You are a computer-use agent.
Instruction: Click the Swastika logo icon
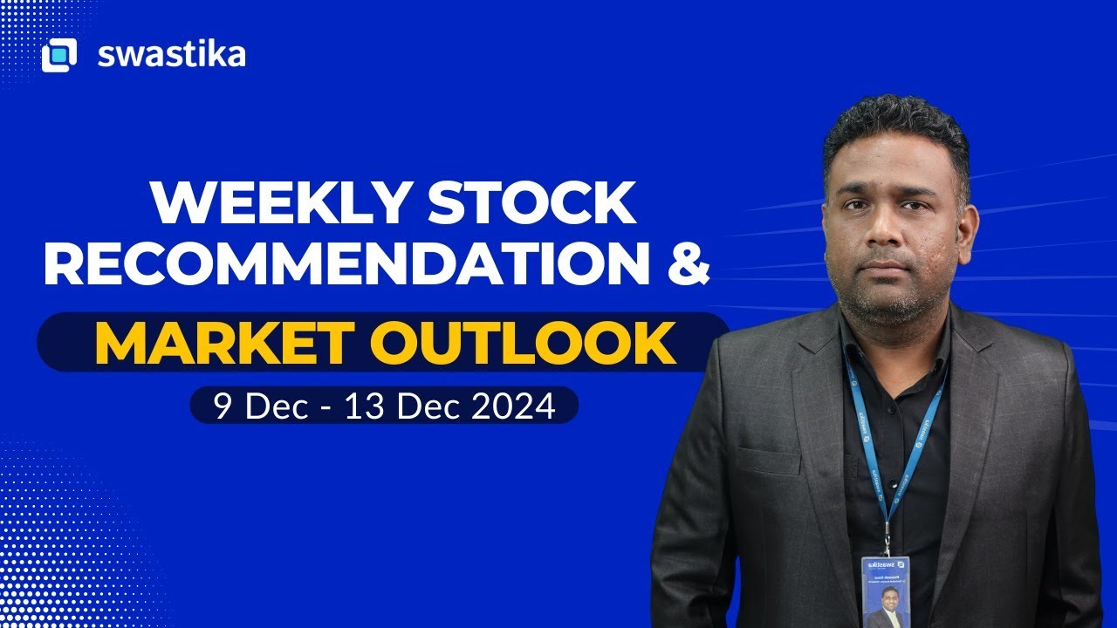[59, 55]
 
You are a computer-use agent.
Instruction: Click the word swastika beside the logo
[171, 55]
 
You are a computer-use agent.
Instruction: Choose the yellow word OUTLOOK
[531, 344]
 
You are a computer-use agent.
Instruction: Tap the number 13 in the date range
[360, 406]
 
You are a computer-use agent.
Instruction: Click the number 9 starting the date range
[223, 406]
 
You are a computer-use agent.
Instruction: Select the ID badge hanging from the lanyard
[886, 591]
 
